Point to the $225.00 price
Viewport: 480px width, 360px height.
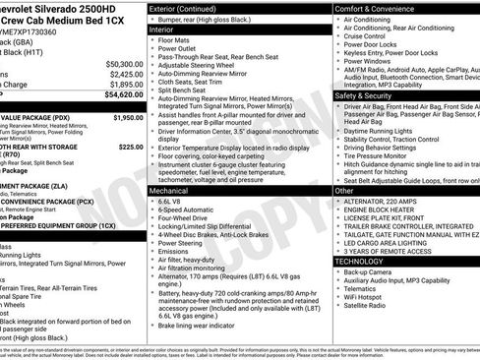pos(131,147)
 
